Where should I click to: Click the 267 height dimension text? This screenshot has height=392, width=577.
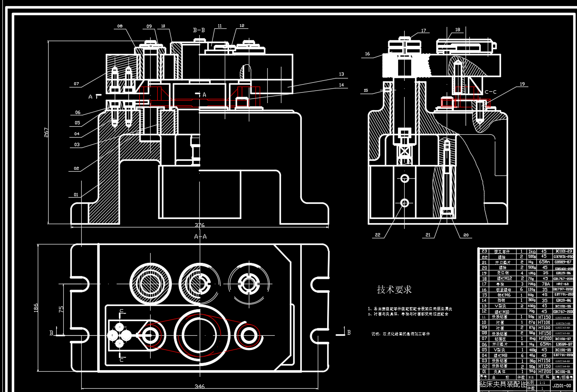(46, 132)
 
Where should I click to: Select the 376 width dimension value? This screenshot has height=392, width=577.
(199, 225)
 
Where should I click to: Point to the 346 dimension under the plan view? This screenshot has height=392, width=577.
(199, 387)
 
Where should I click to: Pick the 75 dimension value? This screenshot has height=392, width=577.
(61, 309)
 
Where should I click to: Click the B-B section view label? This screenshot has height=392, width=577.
(199, 30)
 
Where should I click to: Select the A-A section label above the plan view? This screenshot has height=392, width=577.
(200, 236)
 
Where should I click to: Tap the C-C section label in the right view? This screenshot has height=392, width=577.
(490, 92)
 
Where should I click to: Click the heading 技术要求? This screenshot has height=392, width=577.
(394, 289)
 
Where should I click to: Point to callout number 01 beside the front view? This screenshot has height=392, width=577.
(76, 194)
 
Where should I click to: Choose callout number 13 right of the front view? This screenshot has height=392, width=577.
(341, 74)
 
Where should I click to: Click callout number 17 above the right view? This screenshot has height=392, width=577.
(424, 31)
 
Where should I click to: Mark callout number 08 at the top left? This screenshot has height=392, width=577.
(119, 26)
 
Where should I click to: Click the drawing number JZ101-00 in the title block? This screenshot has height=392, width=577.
(562, 386)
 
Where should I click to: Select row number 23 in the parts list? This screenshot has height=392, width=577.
(484, 251)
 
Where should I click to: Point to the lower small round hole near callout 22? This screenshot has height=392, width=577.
(405, 203)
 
